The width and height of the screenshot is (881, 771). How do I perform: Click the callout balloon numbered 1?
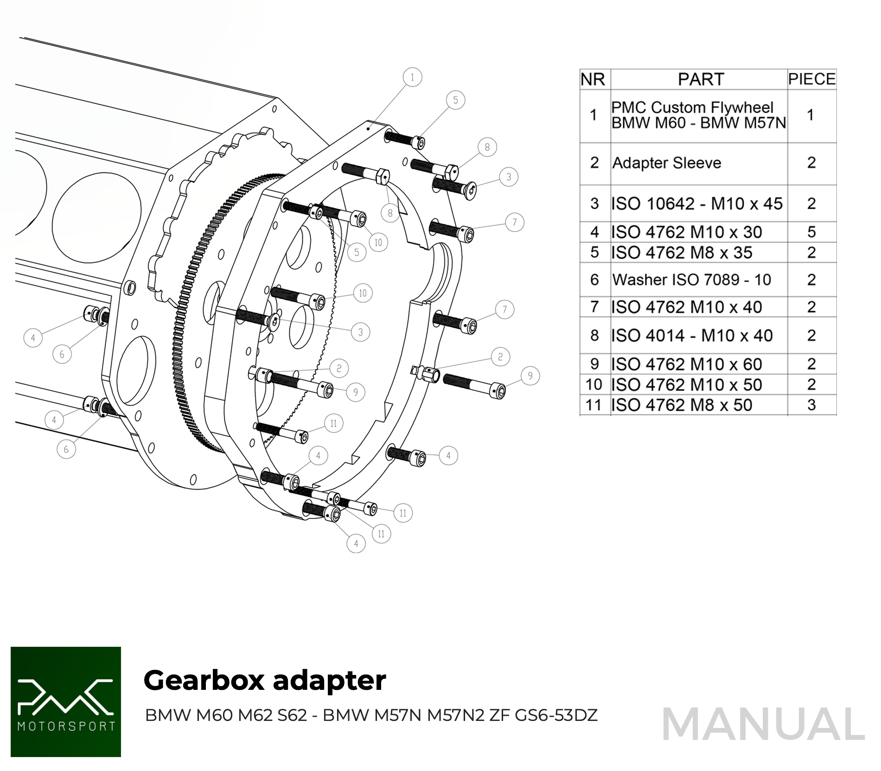pos(412,77)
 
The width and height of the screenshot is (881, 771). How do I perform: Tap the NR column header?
pos(593,79)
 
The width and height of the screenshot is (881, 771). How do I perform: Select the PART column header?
pos(700,79)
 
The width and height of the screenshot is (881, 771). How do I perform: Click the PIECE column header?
pos(811,79)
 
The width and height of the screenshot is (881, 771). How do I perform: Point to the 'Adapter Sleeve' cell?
pos(667,163)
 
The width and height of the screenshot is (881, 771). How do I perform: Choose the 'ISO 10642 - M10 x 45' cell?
pos(697,204)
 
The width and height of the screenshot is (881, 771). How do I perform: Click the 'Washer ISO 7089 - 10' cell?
pos(691,280)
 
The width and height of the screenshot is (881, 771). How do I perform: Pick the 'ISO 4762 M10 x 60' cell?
pos(687,364)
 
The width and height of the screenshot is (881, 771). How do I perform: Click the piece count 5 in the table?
pos(811,232)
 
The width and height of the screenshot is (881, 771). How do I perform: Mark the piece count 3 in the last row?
pos(811,405)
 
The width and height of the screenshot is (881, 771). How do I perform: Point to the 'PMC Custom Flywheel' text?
pos(692,108)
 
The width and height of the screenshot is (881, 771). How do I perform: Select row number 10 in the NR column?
pos(594,385)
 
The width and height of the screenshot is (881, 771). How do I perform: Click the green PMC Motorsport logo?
pos(66,701)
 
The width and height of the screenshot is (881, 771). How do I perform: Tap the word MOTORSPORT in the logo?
pos(66,726)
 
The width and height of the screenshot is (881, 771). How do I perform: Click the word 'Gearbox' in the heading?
pos(204,681)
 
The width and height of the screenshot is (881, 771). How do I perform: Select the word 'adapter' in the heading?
pos(329,681)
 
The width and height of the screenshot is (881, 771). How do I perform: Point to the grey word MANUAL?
pos(763,724)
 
